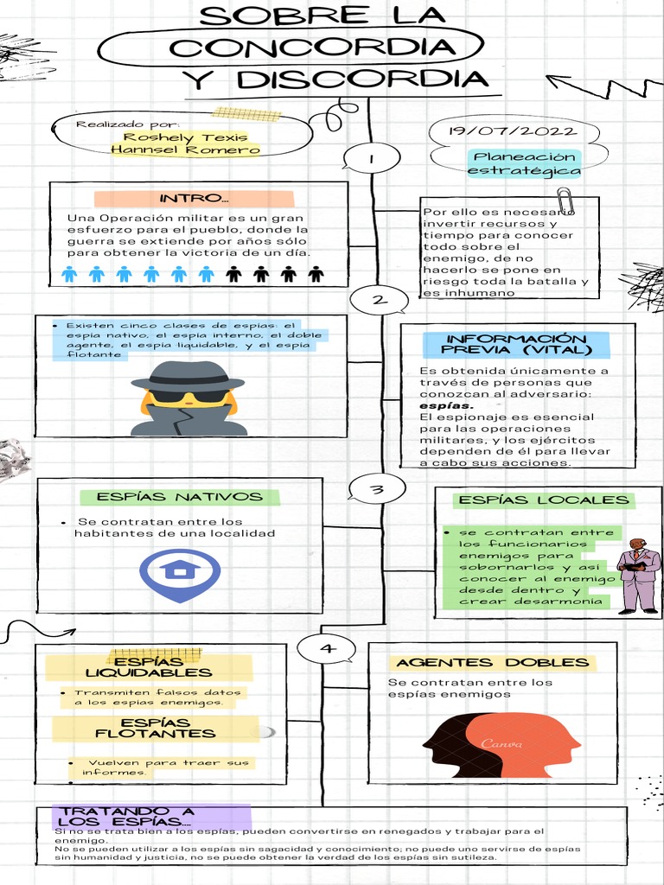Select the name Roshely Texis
[x=185, y=137]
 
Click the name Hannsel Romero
[x=185, y=150]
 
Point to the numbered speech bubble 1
[x=371, y=159]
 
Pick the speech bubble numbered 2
[x=378, y=301]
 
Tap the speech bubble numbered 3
[x=377, y=490]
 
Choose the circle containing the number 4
[x=326, y=648]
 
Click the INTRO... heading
[x=194, y=199]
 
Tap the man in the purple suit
[x=638, y=575]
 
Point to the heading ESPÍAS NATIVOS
[x=180, y=497]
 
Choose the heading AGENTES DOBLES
[x=492, y=663]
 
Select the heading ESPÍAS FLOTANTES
[x=155, y=728]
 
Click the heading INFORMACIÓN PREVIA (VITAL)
[x=516, y=344]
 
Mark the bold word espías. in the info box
[x=447, y=405]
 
